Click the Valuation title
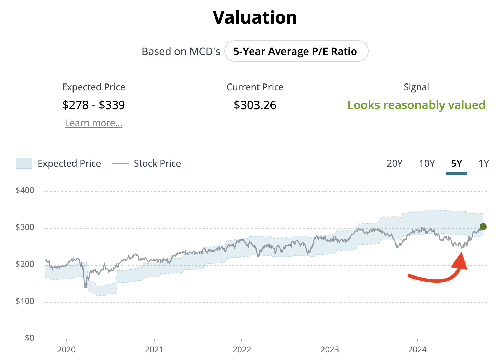(255, 17)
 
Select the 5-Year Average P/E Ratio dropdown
(296, 51)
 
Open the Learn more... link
(94, 123)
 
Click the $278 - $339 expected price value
(94, 105)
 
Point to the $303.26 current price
(255, 105)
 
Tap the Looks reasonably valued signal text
(416, 105)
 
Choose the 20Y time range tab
(394, 164)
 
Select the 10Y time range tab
(427, 164)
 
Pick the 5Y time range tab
(457, 164)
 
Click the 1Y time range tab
(484, 164)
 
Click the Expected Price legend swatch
(24, 163)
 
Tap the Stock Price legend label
(157, 164)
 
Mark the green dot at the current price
(483, 227)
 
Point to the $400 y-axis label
(25, 190)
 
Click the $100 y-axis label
(25, 301)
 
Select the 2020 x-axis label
(66, 349)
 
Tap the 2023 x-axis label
(330, 349)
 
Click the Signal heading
(416, 87)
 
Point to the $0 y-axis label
(29, 338)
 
